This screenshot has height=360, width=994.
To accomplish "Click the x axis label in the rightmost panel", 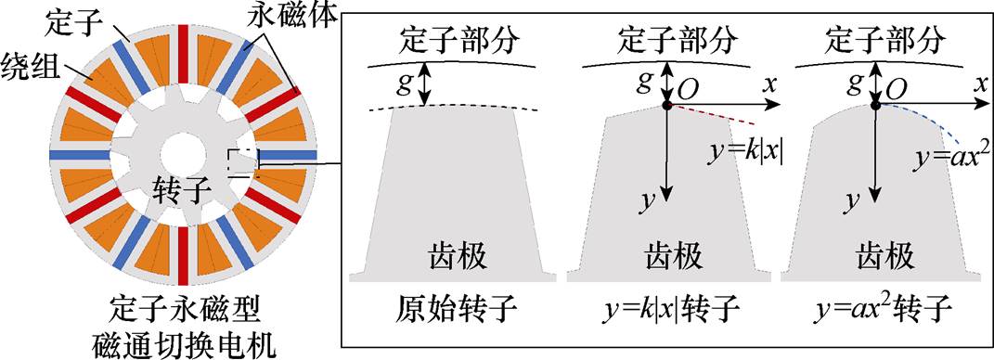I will [978, 84].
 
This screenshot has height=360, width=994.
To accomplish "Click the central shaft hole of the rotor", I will [176, 154].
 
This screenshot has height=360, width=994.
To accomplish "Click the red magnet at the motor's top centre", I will [184, 43].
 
